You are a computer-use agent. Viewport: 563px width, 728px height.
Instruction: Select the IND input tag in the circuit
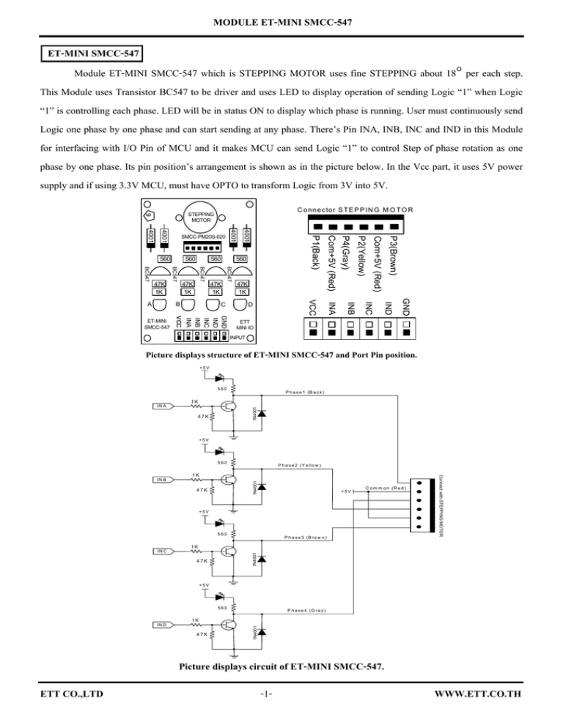click(x=161, y=625)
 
